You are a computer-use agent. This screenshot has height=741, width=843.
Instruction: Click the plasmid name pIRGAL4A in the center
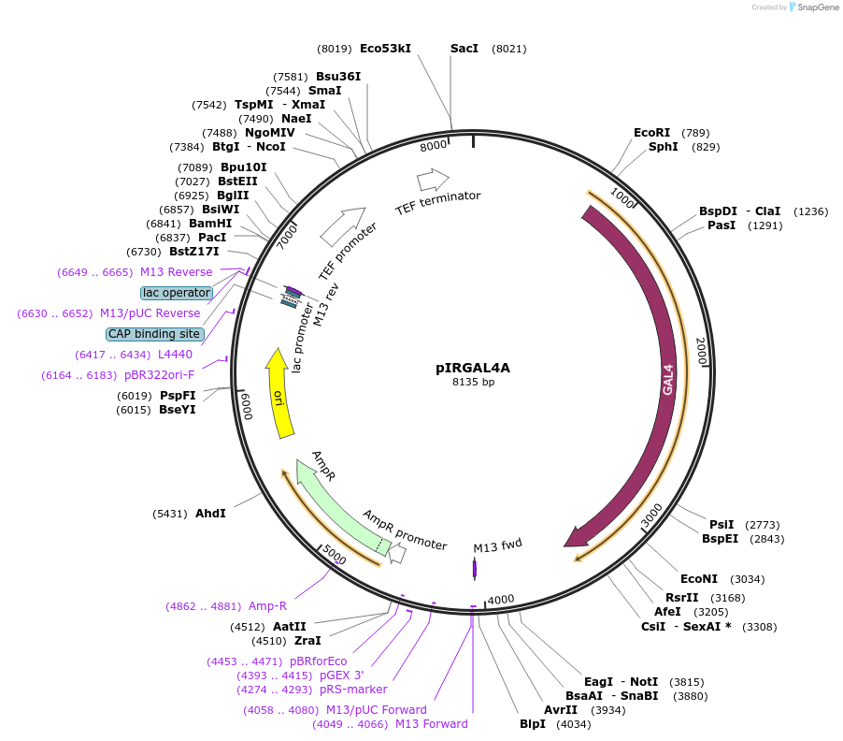[x=473, y=368]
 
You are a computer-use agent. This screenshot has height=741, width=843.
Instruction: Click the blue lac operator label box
[x=177, y=293]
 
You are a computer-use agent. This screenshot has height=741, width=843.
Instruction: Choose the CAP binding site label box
[x=154, y=334]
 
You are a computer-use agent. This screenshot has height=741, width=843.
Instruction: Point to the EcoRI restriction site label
[x=651, y=133]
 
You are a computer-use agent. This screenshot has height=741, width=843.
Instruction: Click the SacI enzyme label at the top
[x=464, y=48]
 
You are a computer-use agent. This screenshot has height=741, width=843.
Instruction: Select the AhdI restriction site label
[x=210, y=514]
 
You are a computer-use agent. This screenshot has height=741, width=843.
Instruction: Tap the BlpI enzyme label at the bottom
[x=533, y=724]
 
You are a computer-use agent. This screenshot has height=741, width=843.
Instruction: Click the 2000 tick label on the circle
[x=701, y=352]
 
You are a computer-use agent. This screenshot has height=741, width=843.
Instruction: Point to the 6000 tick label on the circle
[x=247, y=407]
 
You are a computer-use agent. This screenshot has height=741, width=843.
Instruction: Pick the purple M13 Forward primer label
[x=431, y=723]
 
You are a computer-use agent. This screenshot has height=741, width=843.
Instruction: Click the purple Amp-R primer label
[x=267, y=605]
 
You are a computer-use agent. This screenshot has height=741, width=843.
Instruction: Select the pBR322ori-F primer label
[x=159, y=375]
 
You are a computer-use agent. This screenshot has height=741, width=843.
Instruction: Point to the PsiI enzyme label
[x=722, y=524]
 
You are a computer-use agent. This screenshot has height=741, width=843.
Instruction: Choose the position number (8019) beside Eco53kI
[x=335, y=48]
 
